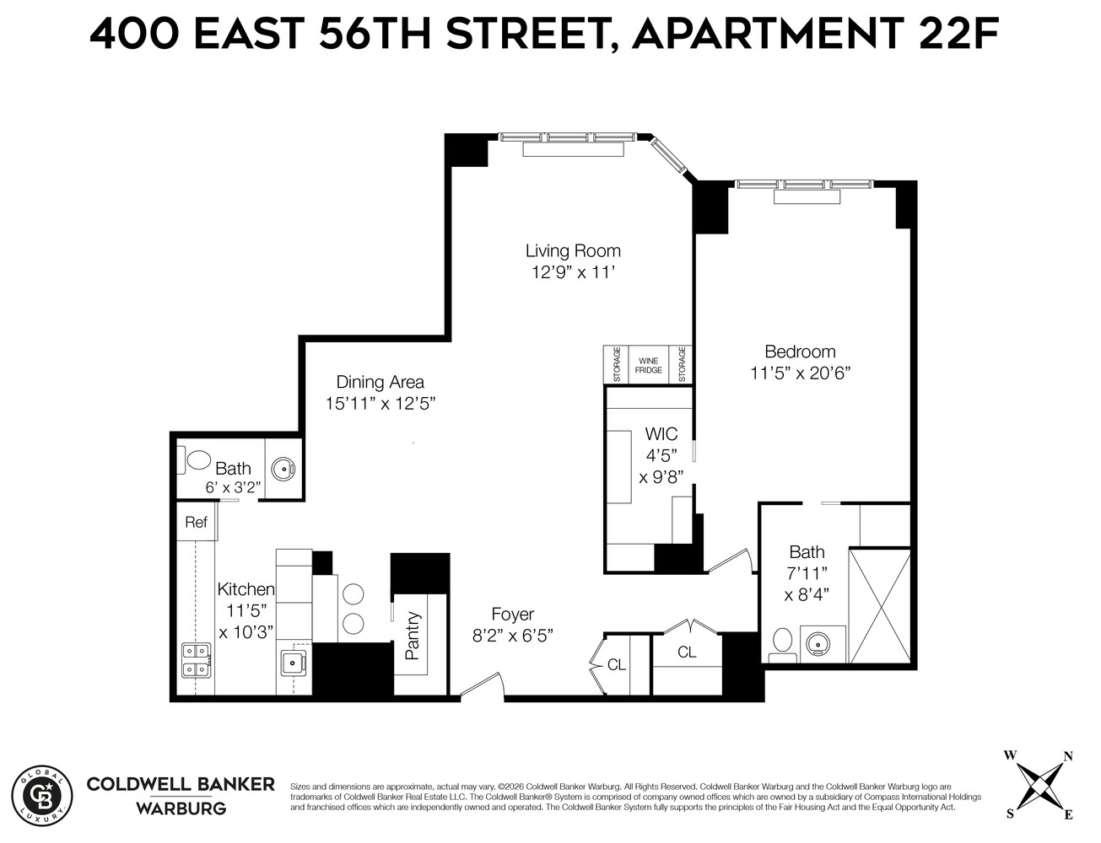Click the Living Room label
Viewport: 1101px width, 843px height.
[573, 250]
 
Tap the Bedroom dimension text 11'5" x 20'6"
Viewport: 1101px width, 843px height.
[800, 373]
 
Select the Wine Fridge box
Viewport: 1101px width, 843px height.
[648, 365]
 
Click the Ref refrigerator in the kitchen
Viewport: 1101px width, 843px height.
[197, 523]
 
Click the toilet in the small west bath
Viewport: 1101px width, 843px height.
[197, 460]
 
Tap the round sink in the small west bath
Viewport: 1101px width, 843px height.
[281, 470]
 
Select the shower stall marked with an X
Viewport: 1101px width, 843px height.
[879, 605]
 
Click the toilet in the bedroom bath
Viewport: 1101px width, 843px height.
[781, 643]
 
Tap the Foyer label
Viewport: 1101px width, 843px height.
[513, 615]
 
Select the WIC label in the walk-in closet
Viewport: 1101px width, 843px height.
[661, 435]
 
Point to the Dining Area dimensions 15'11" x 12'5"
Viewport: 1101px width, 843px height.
[380, 404]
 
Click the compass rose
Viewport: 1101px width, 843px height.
[1039, 782]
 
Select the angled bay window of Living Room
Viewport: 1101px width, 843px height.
[672, 157]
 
